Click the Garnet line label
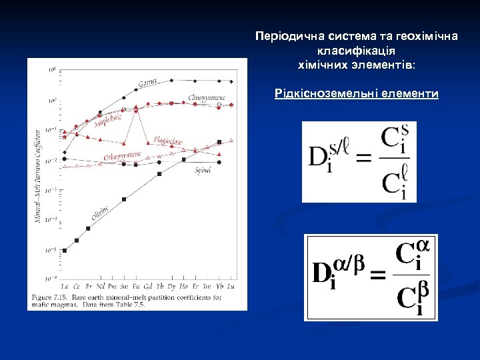pyautogui.click(x=147, y=83)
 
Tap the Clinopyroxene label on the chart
pyautogui.click(x=207, y=98)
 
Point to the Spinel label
pyautogui.click(x=203, y=171)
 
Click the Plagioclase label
pyautogui.click(x=167, y=141)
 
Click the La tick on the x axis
pyautogui.click(x=65, y=286)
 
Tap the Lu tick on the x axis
pyautogui.click(x=231, y=286)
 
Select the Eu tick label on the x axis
pyautogui.click(x=136, y=286)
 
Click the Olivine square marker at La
pyautogui.click(x=65, y=251)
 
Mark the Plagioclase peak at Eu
pyautogui.click(x=136, y=107)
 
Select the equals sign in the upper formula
pyautogui.click(x=363, y=159)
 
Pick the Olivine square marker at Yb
pyautogui.click(x=219, y=142)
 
